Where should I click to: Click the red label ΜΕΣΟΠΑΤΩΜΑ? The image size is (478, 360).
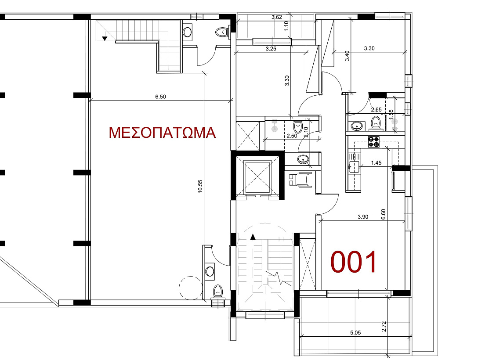pos(162,133)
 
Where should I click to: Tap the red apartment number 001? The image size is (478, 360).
pos(354,262)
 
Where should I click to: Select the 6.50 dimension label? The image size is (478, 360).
pos(161,97)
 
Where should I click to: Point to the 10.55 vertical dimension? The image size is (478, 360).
pos(200,187)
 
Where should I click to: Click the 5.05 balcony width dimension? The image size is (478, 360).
pos(355,333)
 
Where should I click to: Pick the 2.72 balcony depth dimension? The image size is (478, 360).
pos(384,327)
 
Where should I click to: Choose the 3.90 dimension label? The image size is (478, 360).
pos(363,217)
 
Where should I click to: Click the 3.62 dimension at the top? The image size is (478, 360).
pos(277,18)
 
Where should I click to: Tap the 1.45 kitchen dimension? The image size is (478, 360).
pos(376,163)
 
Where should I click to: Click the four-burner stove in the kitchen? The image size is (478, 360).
pos(374,142)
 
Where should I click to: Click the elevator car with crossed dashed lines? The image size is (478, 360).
pos(257,177)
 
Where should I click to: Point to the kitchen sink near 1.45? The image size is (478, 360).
pos(354,165)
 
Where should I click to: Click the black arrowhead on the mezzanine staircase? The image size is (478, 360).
pos(105,38)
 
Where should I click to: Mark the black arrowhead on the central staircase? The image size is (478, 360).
pos(253,237)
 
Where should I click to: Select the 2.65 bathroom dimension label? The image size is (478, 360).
pos(376,110)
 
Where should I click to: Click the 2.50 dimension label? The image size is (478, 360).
pos(292,136)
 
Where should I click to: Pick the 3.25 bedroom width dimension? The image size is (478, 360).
pos(271,49)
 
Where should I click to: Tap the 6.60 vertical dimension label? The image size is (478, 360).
pos(384,214)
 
